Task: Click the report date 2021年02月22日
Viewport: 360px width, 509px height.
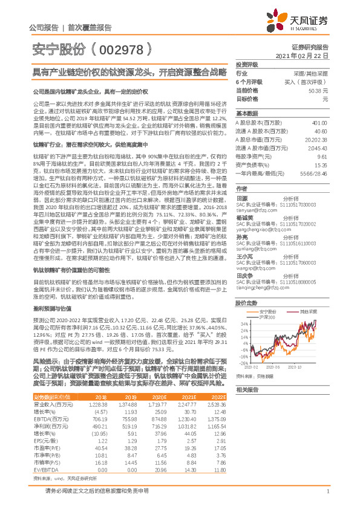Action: pyautogui.click(x=305, y=55)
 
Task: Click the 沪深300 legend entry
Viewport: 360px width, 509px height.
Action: pyautogui.click(x=264, y=317)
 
